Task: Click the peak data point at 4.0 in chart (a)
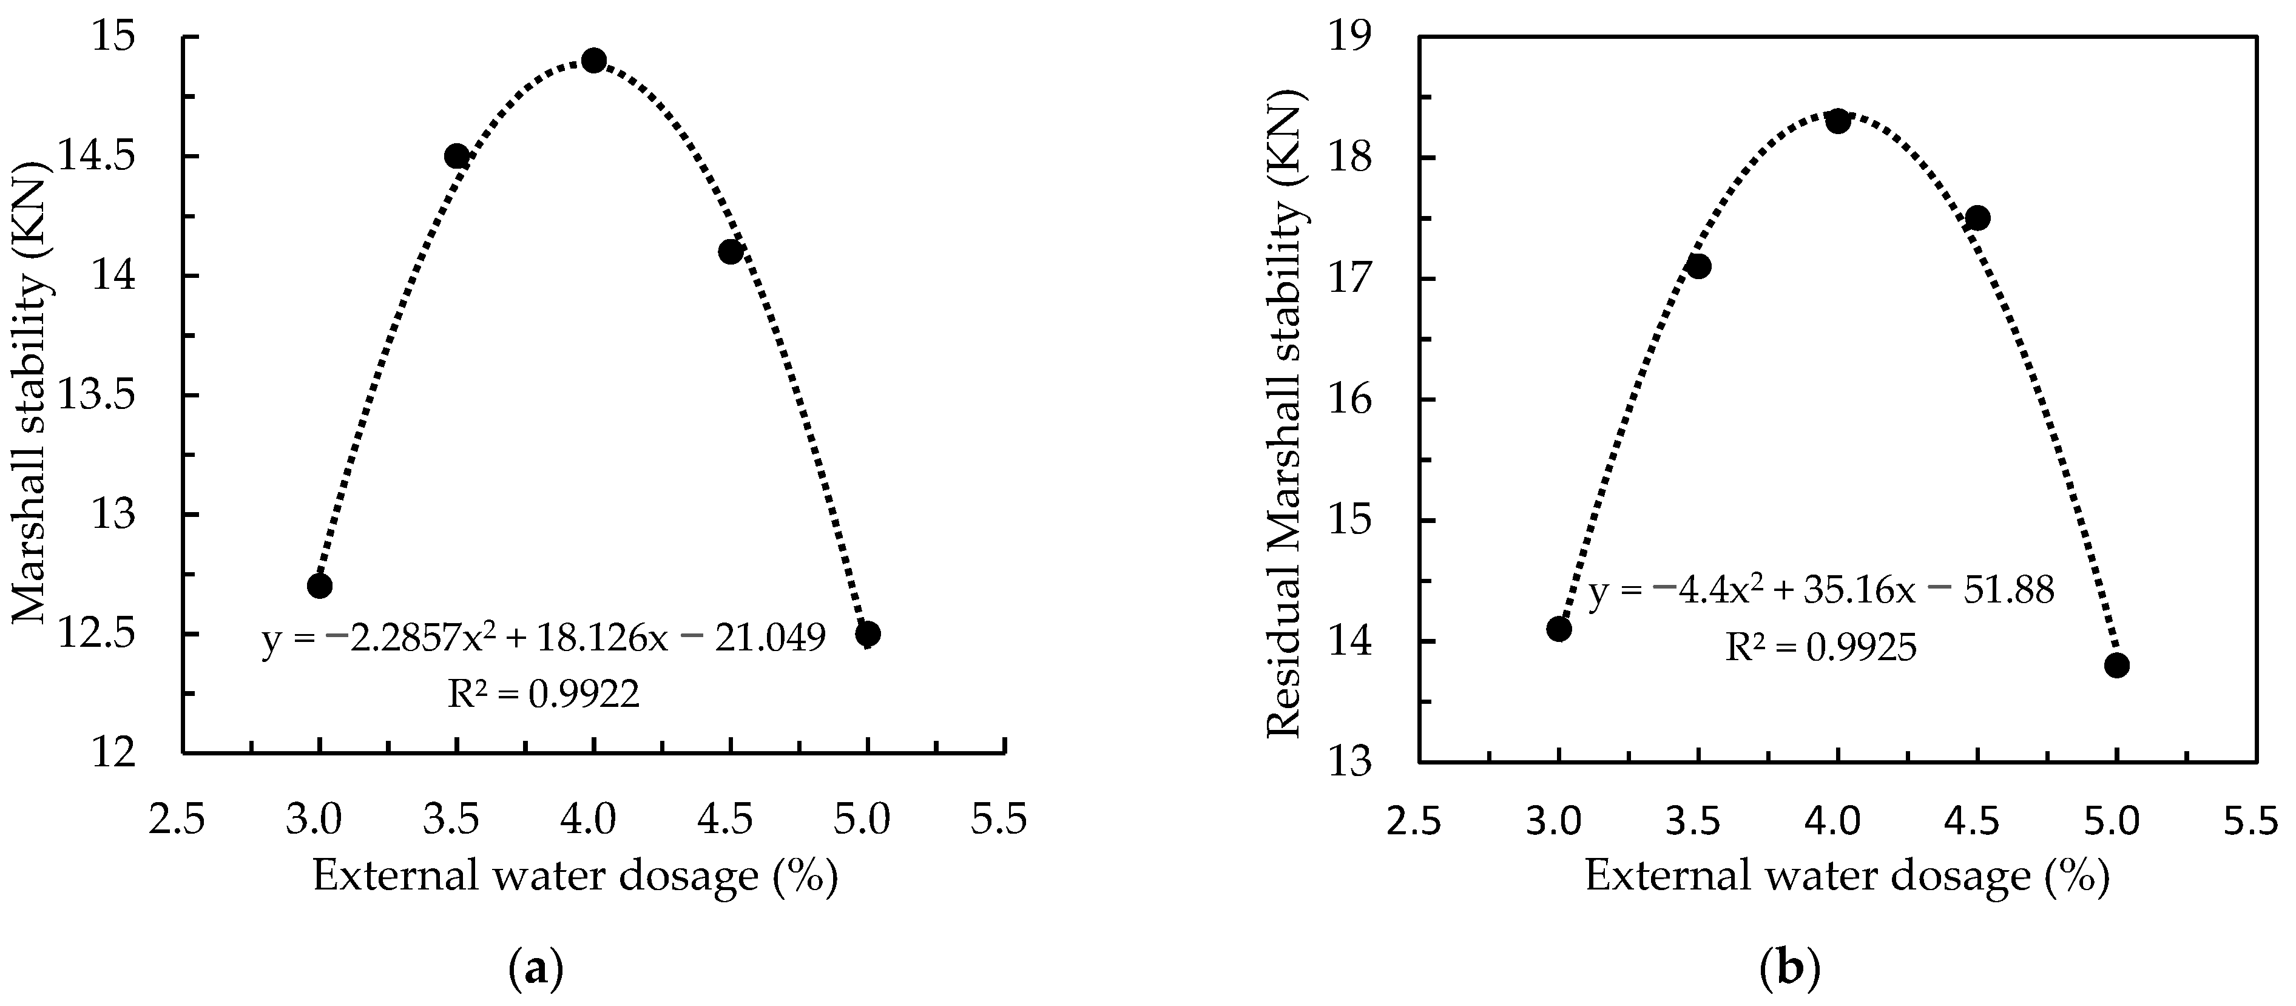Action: click(593, 61)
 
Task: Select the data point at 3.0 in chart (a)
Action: click(319, 586)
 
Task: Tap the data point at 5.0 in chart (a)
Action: click(867, 633)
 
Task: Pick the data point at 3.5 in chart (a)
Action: click(456, 156)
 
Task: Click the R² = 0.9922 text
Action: click(543, 694)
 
